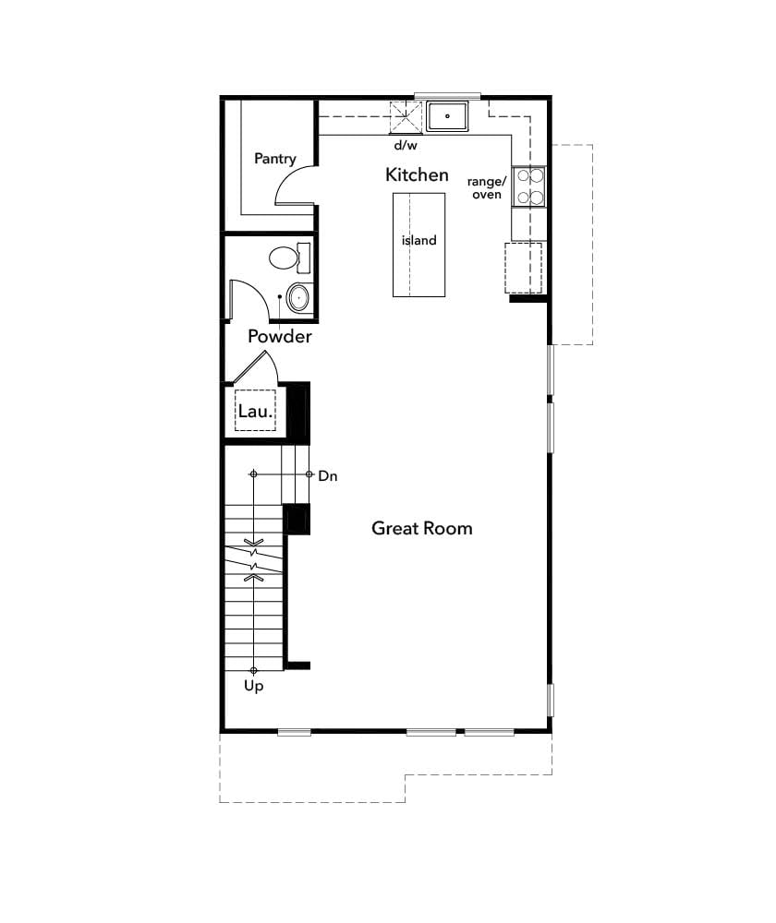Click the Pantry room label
pos(275,159)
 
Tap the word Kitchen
pos(417,174)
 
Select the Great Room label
pos(421,528)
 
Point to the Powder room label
pos(279,337)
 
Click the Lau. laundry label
pos(254,412)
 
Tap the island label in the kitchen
pos(418,241)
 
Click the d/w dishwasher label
pos(406,146)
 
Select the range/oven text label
pos(487,187)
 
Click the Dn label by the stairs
pos(328,476)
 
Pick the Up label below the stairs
pos(253,686)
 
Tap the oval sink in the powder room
pos(298,297)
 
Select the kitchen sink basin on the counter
pos(448,116)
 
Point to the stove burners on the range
pos(530,185)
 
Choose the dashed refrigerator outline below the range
pos(523,268)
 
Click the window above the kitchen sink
pos(447,95)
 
